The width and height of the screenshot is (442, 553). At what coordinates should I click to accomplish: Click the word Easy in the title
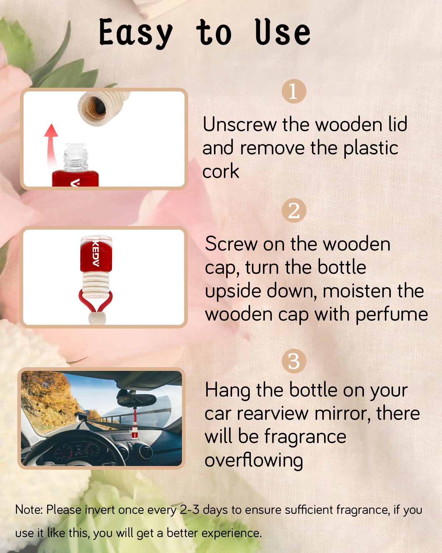click(136, 33)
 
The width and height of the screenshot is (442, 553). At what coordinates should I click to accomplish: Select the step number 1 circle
click(294, 91)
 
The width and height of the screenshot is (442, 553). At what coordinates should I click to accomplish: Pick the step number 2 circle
click(294, 211)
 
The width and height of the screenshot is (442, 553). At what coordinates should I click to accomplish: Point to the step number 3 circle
click(294, 361)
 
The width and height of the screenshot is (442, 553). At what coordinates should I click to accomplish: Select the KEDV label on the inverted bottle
click(96, 253)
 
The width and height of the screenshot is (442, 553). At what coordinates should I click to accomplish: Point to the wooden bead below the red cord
click(97, 318)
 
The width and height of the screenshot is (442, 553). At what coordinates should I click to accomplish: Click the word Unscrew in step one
click(240, 125)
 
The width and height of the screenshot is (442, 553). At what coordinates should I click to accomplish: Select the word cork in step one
click(221, 171)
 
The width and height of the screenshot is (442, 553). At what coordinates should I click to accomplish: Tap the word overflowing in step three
click(254, 460)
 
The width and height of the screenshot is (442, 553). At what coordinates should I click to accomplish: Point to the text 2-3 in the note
click(189, 509)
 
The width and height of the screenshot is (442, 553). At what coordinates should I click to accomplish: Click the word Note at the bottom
click(29, 509)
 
